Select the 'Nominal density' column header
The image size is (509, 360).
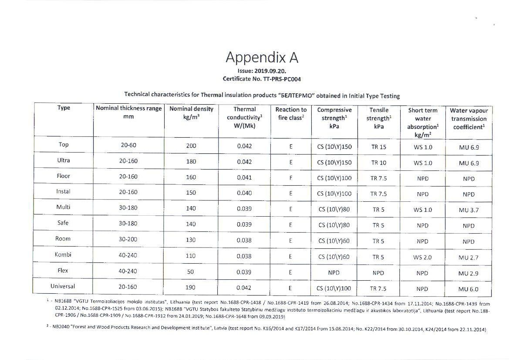point(191,113)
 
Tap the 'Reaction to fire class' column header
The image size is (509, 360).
point(291,113)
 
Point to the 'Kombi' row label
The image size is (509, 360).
point(63,255)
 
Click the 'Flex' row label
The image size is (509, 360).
point(63,271)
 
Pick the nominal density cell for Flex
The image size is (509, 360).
point(191,272)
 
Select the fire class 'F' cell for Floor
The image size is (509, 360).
point(290,178)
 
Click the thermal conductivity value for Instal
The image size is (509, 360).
point(244,193)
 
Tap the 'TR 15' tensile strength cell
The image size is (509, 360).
point(378,147)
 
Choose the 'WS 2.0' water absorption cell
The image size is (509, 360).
point(422,257)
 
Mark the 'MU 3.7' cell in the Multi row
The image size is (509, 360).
point(469,210)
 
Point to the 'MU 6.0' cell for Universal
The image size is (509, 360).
point(469,289)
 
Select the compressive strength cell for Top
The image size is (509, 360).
point(334,147)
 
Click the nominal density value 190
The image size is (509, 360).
point(191,288)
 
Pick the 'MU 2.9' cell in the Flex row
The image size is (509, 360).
point(469,273)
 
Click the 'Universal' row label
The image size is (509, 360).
point(63,286)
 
